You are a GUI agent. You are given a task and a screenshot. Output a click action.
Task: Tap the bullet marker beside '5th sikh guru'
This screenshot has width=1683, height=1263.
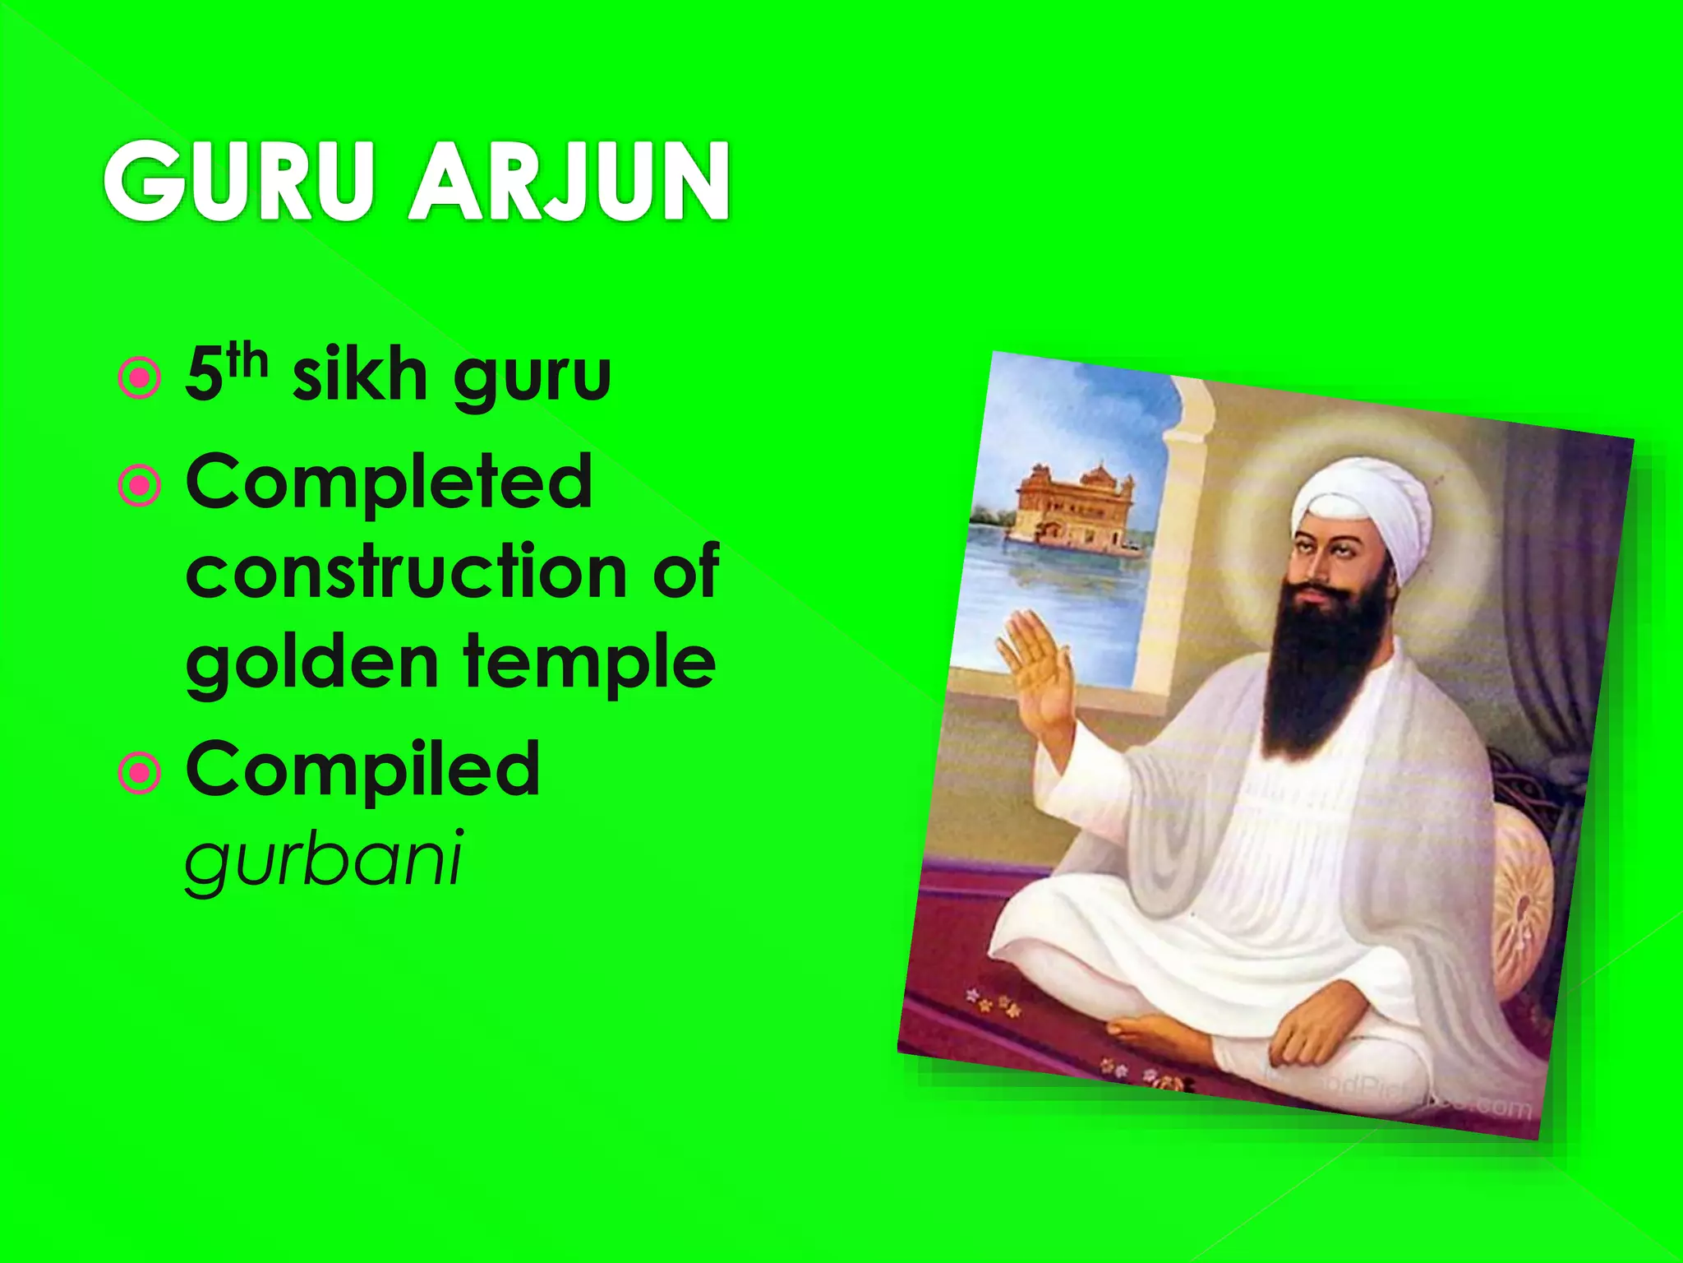point(140,378)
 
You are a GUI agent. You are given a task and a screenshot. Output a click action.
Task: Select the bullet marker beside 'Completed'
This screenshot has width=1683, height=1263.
point(140,486)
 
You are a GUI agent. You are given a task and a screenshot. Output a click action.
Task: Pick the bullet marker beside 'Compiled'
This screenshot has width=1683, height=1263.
point(140,773)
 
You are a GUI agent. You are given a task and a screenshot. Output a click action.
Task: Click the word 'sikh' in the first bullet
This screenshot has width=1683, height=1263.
point(360,375)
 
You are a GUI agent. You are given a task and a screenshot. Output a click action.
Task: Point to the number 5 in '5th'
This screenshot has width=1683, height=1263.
point(204,377)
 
